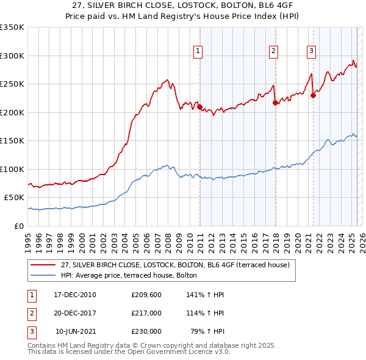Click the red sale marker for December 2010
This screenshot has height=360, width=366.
[200, 107]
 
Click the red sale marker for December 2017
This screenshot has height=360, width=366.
[275, 103]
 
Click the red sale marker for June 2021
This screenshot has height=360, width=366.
[313, 95]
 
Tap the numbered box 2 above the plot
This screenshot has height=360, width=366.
[273, 51]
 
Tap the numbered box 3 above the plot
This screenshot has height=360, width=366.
[311, 51]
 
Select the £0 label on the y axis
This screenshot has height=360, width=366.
[20, 226]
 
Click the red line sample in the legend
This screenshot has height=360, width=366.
[43, 265]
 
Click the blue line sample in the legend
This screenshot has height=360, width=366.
[43, 275]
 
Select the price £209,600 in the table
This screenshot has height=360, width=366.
[146, 295]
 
